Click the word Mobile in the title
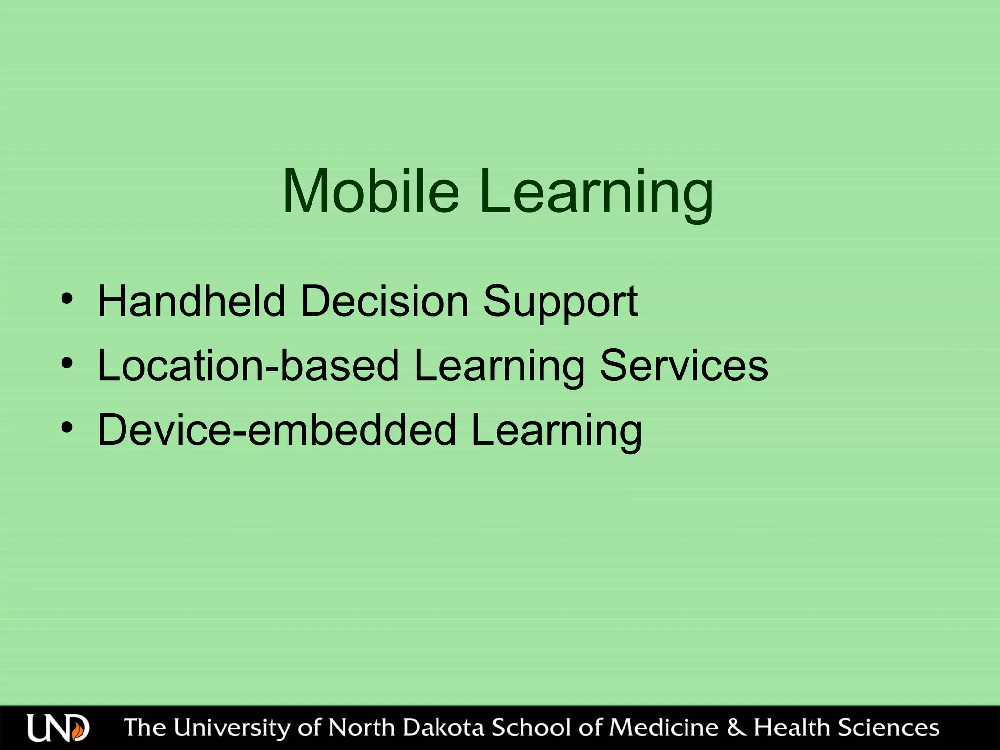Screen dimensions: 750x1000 pyautogui.click(x=371, y=191)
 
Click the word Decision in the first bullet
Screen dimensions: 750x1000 pyautogui.click(x=384, y=301)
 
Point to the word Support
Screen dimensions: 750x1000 pyautogui.click(x=560, y=303)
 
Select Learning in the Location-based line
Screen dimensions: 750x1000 pyautogui.click(x=499, y=367)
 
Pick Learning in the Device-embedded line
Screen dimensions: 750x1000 pyautogui.click(x=556, y=432)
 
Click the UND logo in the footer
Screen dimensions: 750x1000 pyautogui.click(x=58, y=728)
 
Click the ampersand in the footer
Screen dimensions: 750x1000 pyautogui.click(x=736, y=728)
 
